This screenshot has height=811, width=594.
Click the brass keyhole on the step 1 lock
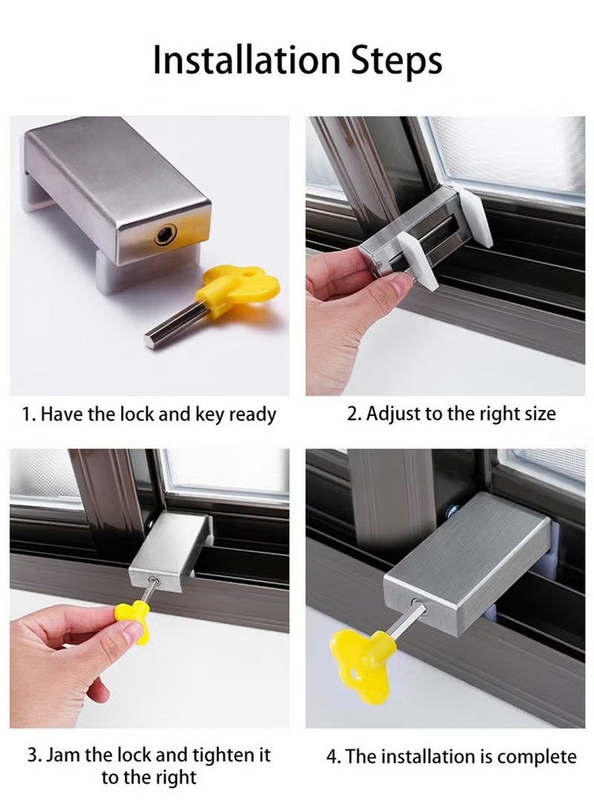point(163,238)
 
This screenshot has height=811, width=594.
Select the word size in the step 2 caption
point(538,414)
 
